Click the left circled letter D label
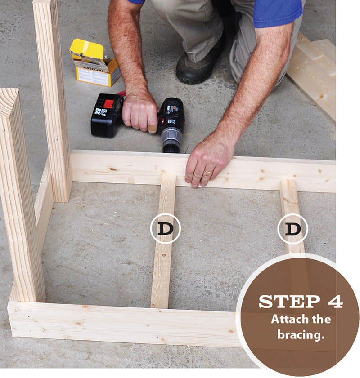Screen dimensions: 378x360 (x=165, y=229)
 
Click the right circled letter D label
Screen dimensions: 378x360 (x=293, y=229)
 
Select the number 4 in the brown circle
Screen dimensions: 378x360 (x=333, y=301)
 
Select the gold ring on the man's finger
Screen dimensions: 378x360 (x=208, y=172)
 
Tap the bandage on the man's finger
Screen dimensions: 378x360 (x=153, y=128)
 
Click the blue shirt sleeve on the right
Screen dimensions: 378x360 (x=277, y=11)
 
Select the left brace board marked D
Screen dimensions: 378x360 (x=162, y=270)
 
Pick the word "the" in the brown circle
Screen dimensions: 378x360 (x=323, y=320)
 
